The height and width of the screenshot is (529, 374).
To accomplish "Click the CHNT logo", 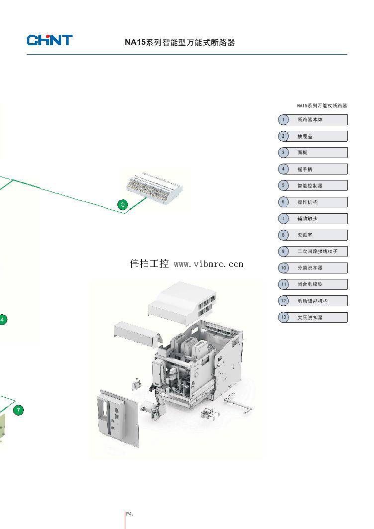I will pos(50,40).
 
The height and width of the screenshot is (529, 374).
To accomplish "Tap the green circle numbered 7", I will pos(18,410).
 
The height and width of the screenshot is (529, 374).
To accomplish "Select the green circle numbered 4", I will pos(2,320).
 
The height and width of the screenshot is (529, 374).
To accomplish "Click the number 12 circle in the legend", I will pos(283,300).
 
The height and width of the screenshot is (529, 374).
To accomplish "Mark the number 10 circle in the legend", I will pos(283,267).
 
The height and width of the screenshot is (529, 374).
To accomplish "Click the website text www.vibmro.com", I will pos(208,264).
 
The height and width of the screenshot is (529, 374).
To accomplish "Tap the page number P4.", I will pos(129,513).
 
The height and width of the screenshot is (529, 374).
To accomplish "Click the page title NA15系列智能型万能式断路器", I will pos(180,43).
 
